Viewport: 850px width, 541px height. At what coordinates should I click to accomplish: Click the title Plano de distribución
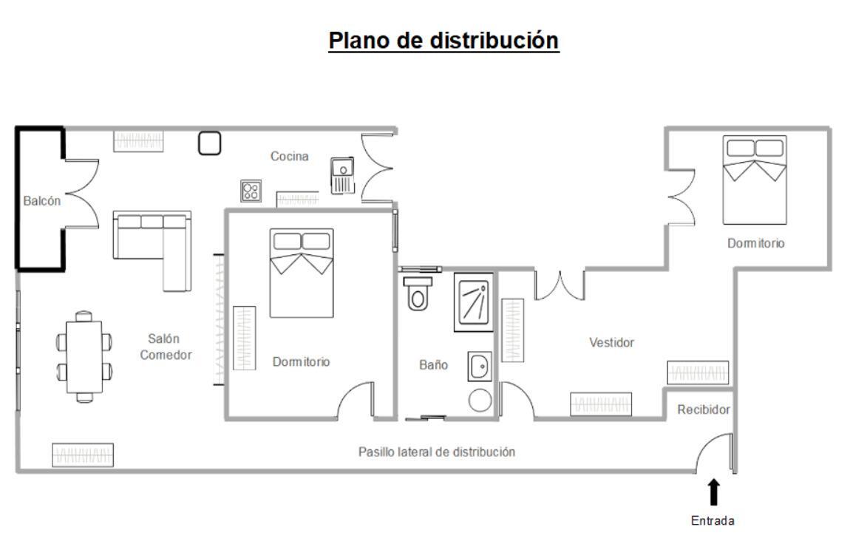pos(443,41)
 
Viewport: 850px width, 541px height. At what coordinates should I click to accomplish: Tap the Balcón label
pos(41,200)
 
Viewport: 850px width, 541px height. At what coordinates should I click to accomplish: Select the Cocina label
pos(290,156)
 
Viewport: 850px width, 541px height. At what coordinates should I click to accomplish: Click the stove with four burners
pos(251,191)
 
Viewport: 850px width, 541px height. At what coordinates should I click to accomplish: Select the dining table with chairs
pos(85,357)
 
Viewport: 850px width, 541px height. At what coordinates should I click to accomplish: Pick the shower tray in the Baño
pos(473,302)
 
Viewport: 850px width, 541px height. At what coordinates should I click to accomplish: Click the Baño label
pos(434,364)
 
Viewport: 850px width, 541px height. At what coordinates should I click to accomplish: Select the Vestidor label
pos(611,343)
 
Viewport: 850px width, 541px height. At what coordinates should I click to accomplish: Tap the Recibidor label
pos(704,409)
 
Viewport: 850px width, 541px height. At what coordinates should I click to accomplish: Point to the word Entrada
pos(713,521)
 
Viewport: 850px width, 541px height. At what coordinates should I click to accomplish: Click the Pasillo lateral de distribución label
pos(436,452)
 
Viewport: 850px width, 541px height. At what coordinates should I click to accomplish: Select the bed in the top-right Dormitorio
pos(754,180)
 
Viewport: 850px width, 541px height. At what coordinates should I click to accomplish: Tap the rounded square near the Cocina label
pos(210,143)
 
